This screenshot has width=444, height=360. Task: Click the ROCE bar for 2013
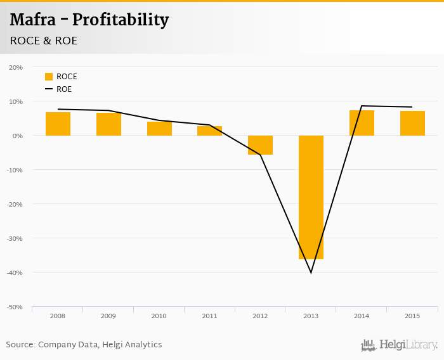coord(311,197)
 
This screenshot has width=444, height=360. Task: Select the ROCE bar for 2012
coord(260,145)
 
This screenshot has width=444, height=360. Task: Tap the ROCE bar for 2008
coord(58,124)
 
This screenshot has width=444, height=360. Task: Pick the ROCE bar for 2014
coord(362,123)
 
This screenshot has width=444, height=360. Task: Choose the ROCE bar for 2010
coord(159,129)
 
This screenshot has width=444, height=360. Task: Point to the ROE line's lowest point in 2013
coord(311,272)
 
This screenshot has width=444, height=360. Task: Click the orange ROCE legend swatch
coord(49,77)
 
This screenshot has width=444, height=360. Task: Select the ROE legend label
coord(64,89)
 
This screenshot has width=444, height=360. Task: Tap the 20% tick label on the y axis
coord(16,67)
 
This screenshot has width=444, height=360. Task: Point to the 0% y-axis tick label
coord(17,136)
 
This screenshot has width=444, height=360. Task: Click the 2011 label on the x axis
coord(209,316)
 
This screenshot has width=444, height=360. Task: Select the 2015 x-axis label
coord(412,316)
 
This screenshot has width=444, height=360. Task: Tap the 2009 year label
coord(108,316)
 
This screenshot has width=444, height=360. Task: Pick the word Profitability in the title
coord(121,20)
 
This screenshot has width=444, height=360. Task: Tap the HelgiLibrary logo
coord(400,345)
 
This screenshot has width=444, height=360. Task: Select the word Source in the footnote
coord(20,345)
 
